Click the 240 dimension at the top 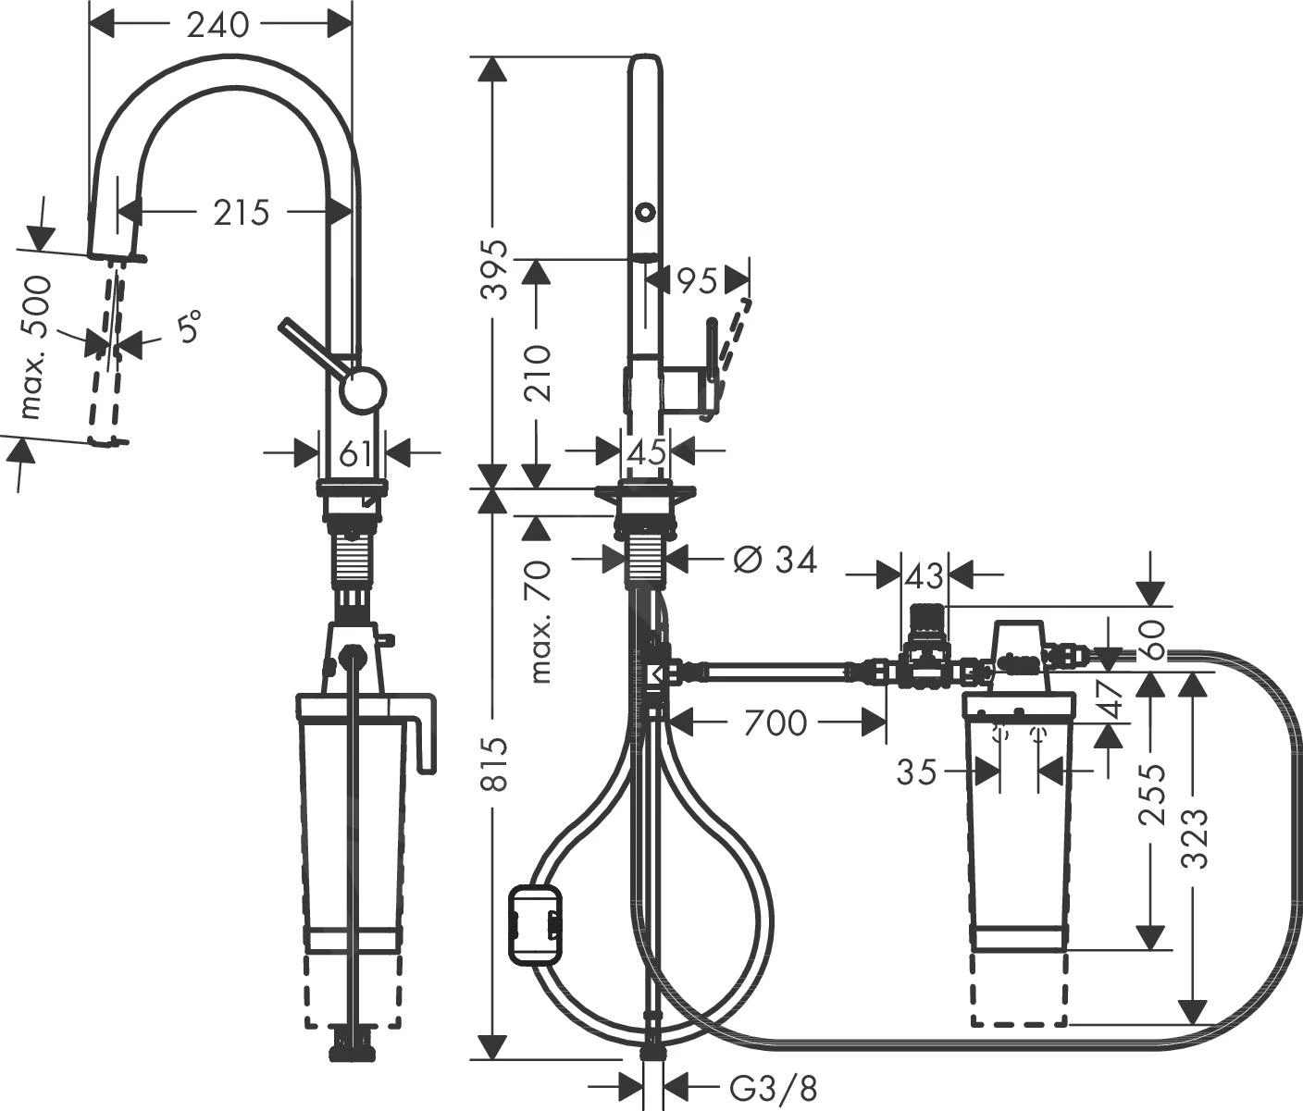tap(218, 25)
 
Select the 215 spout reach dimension tap(241, 213)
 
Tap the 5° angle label tap(189, 328)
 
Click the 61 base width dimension tap(354, 454)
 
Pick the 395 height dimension tap(498, 269)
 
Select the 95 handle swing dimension tap(697, 280)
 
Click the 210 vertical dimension tap(538, 372)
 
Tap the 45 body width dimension tap(646, 452)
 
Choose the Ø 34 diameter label tap(775, 560)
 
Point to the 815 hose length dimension tap(498, 764)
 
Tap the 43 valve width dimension tap(923, 575)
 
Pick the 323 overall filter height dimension tap(1196, 838)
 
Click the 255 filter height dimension tap(1150, 794)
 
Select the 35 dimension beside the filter tap(917, 771)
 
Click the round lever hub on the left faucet tap(362, 389)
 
